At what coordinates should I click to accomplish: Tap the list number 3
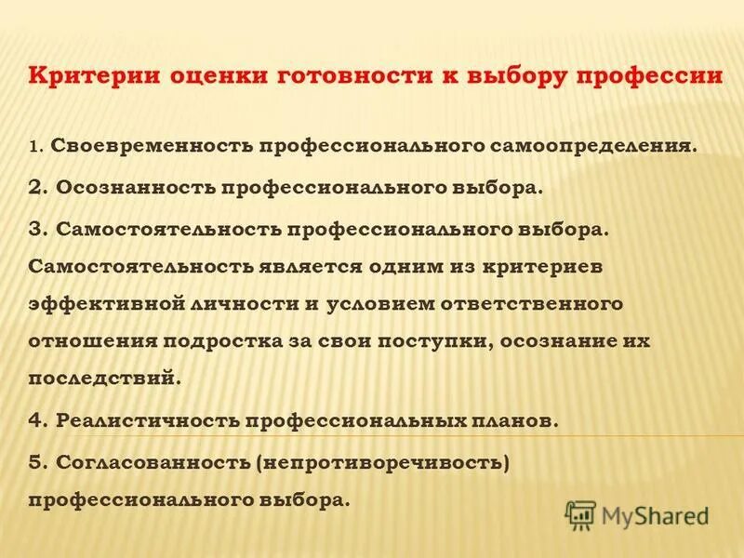[x=35, y=229]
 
